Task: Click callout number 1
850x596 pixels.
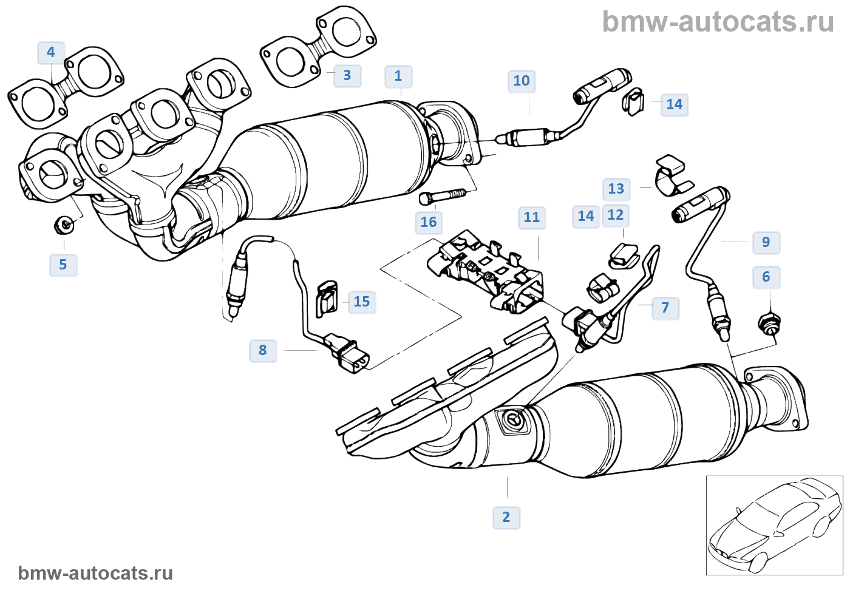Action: point(398,76)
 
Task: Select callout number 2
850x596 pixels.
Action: point(506,518)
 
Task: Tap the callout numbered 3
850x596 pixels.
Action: point(347,75)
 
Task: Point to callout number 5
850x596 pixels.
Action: point(63,265)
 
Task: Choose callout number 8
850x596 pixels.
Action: point(263,351)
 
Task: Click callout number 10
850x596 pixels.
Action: point(522,81)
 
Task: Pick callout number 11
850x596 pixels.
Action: point(532,218)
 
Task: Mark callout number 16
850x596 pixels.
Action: point(429,222)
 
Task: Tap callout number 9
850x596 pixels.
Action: point(766,242)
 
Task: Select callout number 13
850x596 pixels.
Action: point(616,189)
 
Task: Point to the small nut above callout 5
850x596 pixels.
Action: point(64,225)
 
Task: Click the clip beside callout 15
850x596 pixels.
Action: point(327,299)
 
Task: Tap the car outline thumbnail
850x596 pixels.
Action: point(774,525)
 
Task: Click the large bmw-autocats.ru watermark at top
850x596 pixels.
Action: point(718,22)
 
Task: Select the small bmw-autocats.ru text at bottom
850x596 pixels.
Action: point(95,574)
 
